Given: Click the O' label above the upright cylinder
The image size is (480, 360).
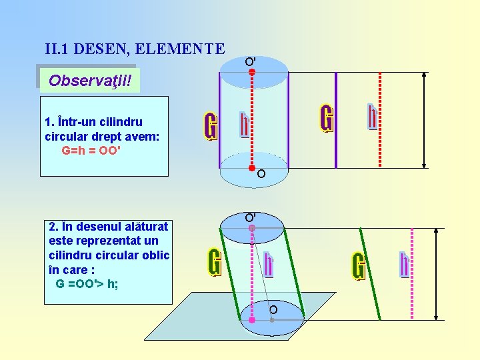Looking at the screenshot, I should pos(250,61).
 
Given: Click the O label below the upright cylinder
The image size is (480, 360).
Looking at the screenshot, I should pos(261,175).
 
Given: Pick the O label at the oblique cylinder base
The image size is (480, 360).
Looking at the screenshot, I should pos(273,309).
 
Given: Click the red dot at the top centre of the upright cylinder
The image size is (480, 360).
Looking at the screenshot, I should pos(252,71).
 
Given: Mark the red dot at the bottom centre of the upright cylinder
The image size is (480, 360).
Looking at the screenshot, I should pos(253,168).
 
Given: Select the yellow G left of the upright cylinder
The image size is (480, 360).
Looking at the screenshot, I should pos(211,127).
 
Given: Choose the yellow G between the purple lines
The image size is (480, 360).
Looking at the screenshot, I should pos(327,119).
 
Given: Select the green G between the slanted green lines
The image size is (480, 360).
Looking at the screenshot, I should pos(359,267).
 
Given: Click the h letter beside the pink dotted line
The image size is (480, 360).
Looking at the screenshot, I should pos(404,264).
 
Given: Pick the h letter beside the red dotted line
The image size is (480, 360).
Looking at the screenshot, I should pos(372,117).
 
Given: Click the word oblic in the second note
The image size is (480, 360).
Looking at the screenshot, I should pos(156,255).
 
